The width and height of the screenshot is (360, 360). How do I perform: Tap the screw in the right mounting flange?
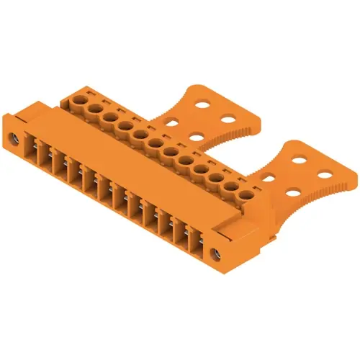[x=214, y=253]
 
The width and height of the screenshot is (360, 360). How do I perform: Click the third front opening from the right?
[x=162, y=220]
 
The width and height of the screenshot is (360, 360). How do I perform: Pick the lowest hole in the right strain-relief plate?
[x=292, y=192]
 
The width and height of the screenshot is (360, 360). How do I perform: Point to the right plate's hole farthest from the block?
[x=325, y=173]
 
